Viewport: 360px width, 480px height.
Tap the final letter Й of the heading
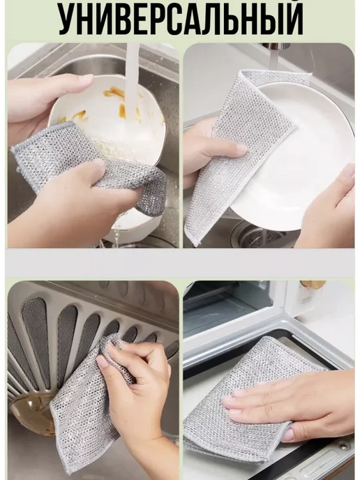[291, 17]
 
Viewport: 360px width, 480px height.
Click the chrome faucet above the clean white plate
[276, 46]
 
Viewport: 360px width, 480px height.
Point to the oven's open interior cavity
[227, 309]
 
